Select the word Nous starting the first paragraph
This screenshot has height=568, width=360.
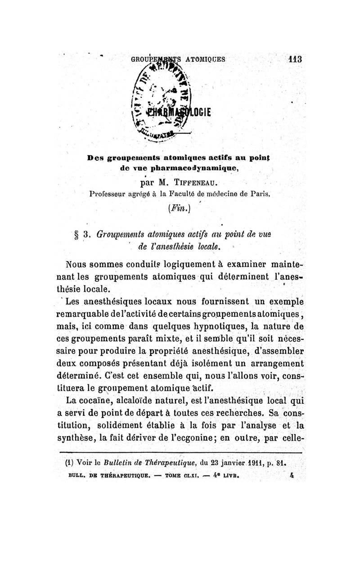click(x=76, y=264)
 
